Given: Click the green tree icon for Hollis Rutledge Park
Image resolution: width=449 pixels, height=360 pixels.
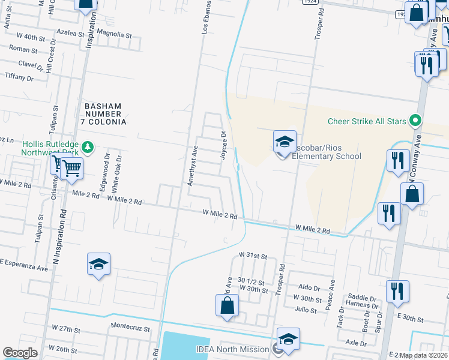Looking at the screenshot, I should click(88, 147).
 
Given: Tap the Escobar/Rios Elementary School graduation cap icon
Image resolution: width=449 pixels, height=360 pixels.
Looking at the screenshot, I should click(285, 142).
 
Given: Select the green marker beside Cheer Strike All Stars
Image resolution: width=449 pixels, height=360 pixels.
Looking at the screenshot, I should click(415, 121).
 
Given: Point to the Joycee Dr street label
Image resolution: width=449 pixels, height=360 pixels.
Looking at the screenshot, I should click(223, 146).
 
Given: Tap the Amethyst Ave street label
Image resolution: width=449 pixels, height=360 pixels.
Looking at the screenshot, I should click(193, 168).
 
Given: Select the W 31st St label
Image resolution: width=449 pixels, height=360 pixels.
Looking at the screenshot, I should click(253, 256).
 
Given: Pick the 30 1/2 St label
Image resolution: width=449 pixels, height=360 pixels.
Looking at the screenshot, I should click(252, 280).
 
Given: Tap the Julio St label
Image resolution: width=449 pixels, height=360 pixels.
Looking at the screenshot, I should click(306, 310).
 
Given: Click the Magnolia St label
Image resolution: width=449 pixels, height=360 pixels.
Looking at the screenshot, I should click(114, 35).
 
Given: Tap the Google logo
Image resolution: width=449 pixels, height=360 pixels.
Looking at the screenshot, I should click(20, 353).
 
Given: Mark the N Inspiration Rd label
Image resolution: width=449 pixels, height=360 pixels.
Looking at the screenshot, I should click(58, 240).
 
